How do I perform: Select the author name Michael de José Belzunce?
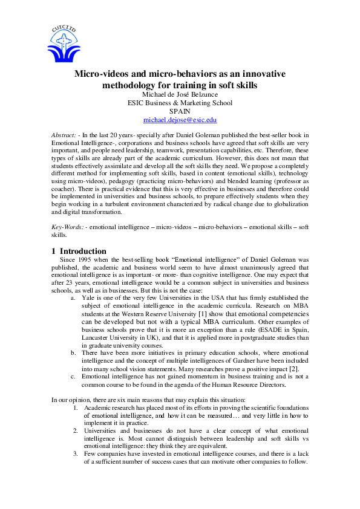[180, 94]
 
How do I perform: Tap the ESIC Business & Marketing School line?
[180, 103]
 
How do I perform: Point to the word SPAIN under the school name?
[180, 112]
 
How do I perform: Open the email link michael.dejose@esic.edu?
[180, 120]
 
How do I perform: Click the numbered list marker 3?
[75, 453]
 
